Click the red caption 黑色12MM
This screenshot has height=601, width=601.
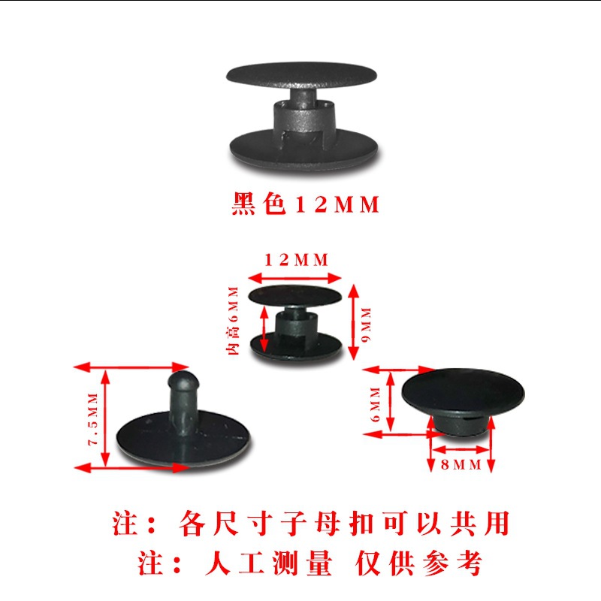(304, 205)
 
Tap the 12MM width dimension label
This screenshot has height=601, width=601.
(296, 260)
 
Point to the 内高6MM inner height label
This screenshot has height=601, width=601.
(234, 320)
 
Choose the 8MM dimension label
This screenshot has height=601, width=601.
(460, 465)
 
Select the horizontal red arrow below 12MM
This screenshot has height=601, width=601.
(296, 273)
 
